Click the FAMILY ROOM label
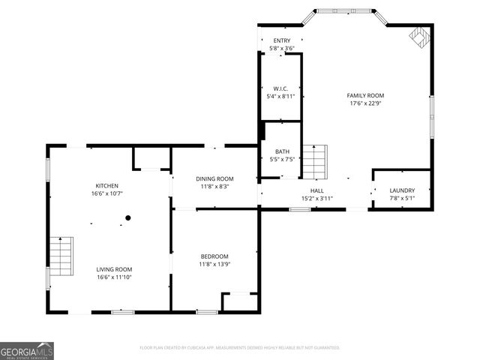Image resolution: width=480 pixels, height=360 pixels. click(366, 95)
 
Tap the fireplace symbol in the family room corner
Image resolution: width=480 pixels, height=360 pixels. click(418, 37)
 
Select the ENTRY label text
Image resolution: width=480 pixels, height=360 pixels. click(281, 40)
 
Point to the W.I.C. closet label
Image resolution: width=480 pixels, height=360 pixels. click(281, 88)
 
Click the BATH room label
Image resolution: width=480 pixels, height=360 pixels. click(282, 151)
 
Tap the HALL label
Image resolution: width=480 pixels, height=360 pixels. click(316, 190)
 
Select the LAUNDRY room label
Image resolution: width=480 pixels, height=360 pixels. click(401, 190)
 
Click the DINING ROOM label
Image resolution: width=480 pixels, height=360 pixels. click(215, 178)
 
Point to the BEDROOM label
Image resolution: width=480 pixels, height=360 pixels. click(214, 256)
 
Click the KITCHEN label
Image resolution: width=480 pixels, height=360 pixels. click(106, 185)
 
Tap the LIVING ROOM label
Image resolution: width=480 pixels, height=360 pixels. click(114, 269)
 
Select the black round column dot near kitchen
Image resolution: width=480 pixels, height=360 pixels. click(128, 218)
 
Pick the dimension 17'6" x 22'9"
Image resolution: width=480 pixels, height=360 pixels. click(366, 103)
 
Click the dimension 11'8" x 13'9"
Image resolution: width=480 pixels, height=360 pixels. click(214, 264)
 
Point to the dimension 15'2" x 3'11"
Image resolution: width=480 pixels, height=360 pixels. click(316, 199)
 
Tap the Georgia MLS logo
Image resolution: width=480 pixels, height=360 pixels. click(27, 350)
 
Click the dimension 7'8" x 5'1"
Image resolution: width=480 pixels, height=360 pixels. click(401, 199)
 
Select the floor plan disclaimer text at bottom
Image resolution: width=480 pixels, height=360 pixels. click(240, 348)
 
